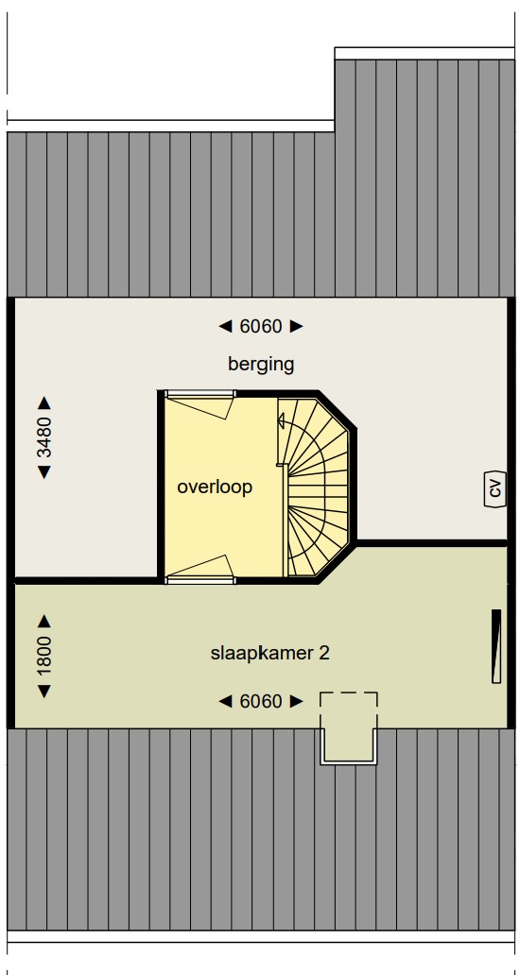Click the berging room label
tap(261, 365)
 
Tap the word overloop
tap(215, 487)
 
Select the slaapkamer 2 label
tap(270, 654)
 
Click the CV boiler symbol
tap(495, 489)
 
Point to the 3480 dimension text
tap(44, 437)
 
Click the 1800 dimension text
tap(44, 656)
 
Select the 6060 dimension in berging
tap(261, 326)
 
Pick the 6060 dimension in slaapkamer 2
tap(261, 701)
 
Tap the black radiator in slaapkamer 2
tap(496, 646)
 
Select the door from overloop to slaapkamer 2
tap(199, 569)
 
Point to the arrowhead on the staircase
tap(281, 421)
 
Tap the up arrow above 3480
tap(44, 402)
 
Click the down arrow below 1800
tap(44, 691)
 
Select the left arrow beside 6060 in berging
tap(225, 326)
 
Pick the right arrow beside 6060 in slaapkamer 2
tap(297, 701)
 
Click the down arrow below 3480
tap(44, 472)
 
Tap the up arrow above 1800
tap(44, 621)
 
